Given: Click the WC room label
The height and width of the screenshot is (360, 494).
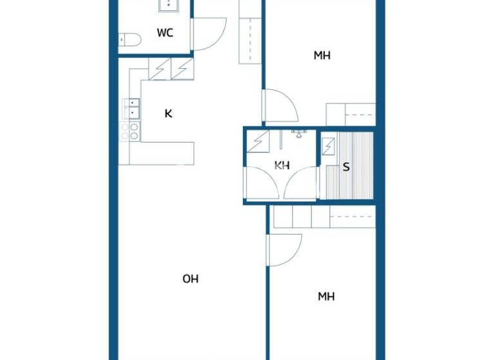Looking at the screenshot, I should coord(165,33).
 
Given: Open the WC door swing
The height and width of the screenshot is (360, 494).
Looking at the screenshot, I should coord(210,34).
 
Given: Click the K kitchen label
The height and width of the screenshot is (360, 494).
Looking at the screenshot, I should coord(169,114).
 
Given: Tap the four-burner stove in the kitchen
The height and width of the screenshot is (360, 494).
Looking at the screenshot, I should coord(130,131).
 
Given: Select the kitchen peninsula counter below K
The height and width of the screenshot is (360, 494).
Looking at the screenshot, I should coord(161,153).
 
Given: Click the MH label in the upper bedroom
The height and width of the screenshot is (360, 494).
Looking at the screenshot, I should coord(322,55).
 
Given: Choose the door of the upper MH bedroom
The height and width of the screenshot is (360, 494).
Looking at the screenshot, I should coord(280,106).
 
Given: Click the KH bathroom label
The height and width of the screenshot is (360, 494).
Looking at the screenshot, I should coord(282,165).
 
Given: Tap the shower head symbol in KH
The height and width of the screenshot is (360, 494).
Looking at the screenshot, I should coord(298,133).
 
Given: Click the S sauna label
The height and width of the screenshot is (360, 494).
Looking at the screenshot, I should coord(346,167).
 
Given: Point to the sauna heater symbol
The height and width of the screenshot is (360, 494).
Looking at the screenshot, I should coord(329,147).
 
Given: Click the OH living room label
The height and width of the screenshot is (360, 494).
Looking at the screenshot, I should coord(190,278).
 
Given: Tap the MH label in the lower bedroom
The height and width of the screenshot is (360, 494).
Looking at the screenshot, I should coord(326,296).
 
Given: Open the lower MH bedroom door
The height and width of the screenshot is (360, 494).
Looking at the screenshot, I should coord(285,249).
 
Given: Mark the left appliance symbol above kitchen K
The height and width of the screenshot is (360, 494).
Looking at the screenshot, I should coord(160,69).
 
